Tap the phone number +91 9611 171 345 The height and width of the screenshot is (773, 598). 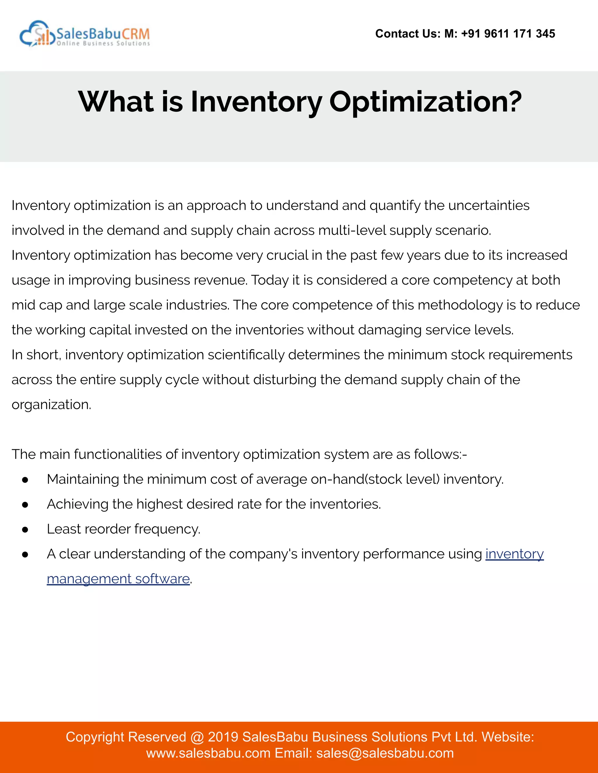[x=508, y=34]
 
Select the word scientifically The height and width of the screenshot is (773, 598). [x=246, y=355]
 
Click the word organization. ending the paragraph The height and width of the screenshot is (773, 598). [x=51, y=405]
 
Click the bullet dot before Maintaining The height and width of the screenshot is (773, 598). [x=25, y=480]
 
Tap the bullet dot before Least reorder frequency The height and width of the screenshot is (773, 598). [x=25, y=530]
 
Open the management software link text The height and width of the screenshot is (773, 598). [x=118, y=579]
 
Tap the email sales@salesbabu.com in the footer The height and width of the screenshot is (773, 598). [x=385, y=753]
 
